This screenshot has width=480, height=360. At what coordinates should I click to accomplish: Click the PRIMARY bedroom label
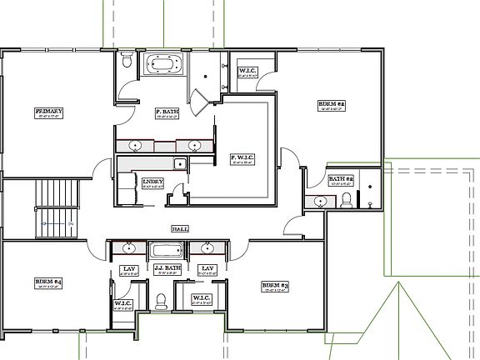pyautogui.click(x=49, y=111)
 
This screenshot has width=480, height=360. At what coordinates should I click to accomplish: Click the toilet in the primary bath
pyautogui.click(x=125, y=61)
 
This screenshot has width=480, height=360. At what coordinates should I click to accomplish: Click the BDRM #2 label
pyautogui.click(x=332, y=104)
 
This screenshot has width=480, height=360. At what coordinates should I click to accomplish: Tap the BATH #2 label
pyautogui.click(x=341, y=179)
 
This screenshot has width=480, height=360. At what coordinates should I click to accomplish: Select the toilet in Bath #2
pyautogui.click(x=347, y=199)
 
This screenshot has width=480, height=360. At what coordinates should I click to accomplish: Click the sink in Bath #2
pyautogui.click(x=320, y=201)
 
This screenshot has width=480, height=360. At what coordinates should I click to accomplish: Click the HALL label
pyautogui.click(x=178, y=227)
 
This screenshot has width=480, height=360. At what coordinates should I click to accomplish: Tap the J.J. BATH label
pyautogui.click(x=167, y=267)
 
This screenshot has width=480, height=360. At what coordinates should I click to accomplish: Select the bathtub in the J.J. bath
pyautogui.click(x=167, y=249)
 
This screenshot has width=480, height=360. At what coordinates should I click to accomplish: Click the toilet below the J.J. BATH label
pyautogui.click(x=162, y=300)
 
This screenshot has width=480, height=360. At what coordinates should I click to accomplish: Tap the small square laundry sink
pyautogui.click(x=178, y=163)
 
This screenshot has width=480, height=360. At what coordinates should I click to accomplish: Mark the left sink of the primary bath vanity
pyautogui.click(x=137, y=146)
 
